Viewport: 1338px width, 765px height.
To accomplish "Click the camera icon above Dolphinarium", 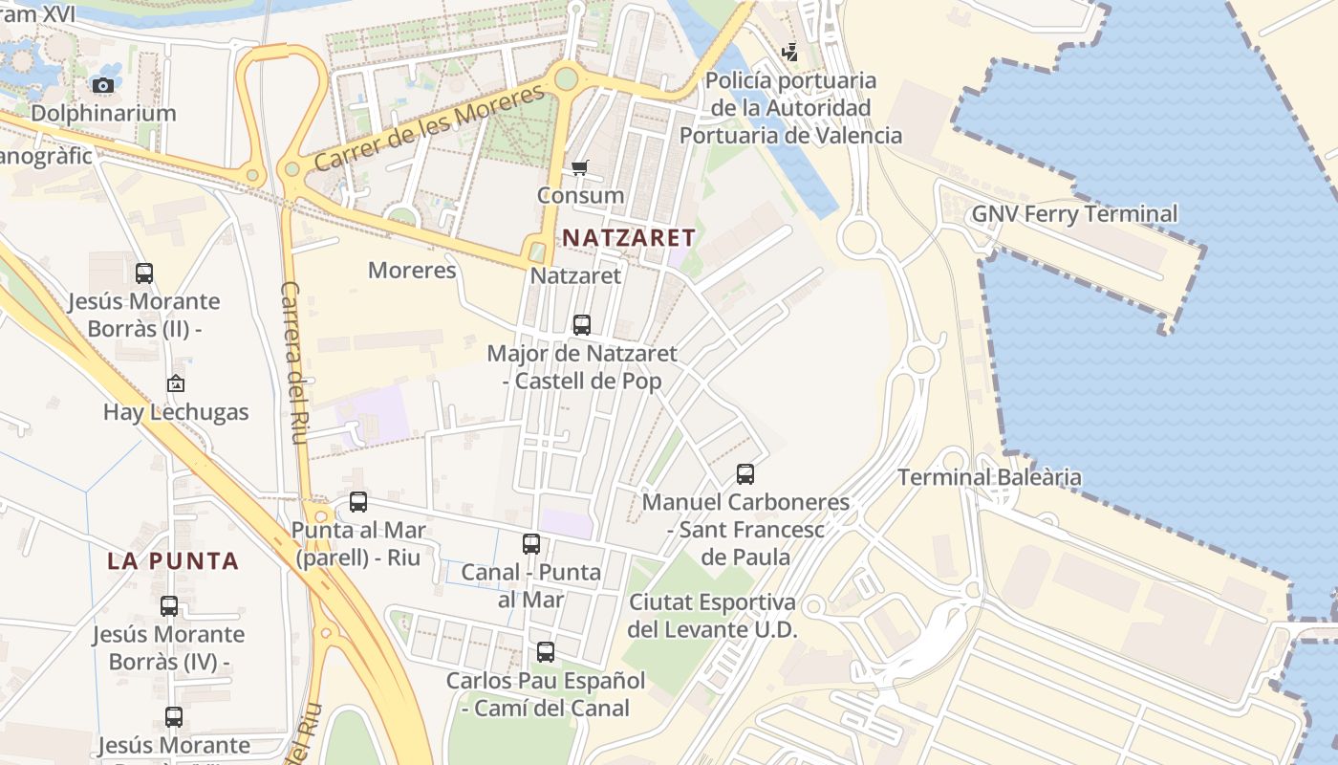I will click(x=103, y=85).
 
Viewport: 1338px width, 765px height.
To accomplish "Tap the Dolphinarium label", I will click(x=103, y=113).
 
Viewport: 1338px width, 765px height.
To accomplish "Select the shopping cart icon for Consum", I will click(x=580, y=168).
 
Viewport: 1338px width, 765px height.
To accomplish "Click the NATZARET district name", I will click(x=628, y=237).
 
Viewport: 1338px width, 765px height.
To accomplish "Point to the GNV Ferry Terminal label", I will click(x=1074, y=213).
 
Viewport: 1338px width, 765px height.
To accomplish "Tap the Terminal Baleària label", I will click(x=989, y=477).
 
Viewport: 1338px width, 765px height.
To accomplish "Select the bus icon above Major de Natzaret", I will click(x=582, y=325).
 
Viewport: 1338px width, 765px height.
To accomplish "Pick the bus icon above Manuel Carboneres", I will click(x=745, y=473).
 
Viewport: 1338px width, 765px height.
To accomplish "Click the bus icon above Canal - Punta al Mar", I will click(x=531, y=544).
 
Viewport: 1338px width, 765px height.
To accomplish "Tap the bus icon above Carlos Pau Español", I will click(x=546, y=652).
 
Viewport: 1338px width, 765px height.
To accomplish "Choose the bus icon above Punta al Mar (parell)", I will click(x=358, y=502).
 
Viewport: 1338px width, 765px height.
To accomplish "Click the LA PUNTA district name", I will click(x=173, y=561).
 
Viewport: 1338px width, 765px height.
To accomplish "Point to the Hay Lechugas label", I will click(x=176, y=413).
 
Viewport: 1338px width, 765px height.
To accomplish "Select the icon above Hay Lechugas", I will click(x=176, y=384).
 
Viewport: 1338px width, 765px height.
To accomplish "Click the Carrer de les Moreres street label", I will click(x=429, y=127).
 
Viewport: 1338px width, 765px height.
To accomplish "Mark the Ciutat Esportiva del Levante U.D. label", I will click(x=712, y=616).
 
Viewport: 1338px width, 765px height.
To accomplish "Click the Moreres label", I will click(x=412, y=271).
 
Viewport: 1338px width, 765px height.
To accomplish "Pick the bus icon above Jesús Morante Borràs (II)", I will click(x=144, y=273).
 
